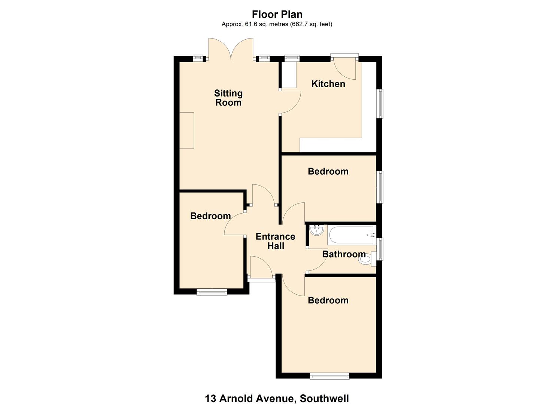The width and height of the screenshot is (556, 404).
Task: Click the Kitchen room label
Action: point(328,84)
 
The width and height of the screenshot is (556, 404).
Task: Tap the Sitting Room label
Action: point(228,98)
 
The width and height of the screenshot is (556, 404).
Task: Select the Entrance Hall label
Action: point(275,241)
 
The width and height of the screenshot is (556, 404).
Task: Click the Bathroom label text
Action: point(344,254)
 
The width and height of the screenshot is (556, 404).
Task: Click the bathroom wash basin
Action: point(316,230)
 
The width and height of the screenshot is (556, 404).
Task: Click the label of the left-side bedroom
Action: point(210,216)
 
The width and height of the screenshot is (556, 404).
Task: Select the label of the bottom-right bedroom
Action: point(328,300)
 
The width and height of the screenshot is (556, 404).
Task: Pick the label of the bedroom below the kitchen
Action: point(328,171)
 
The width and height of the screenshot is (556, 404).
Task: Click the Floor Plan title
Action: point(277,14)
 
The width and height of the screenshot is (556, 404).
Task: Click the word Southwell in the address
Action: point(324,398)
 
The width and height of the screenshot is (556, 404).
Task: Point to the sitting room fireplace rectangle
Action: point(186,130)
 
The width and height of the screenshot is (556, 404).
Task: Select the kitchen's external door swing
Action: point(346,67)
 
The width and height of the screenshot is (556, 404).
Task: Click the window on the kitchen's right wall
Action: point(380,104)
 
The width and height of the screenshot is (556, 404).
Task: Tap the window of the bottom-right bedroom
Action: point(329,376)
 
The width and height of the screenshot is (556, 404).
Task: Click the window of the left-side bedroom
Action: point(212,292)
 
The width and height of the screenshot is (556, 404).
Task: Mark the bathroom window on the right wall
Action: point(380,249)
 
